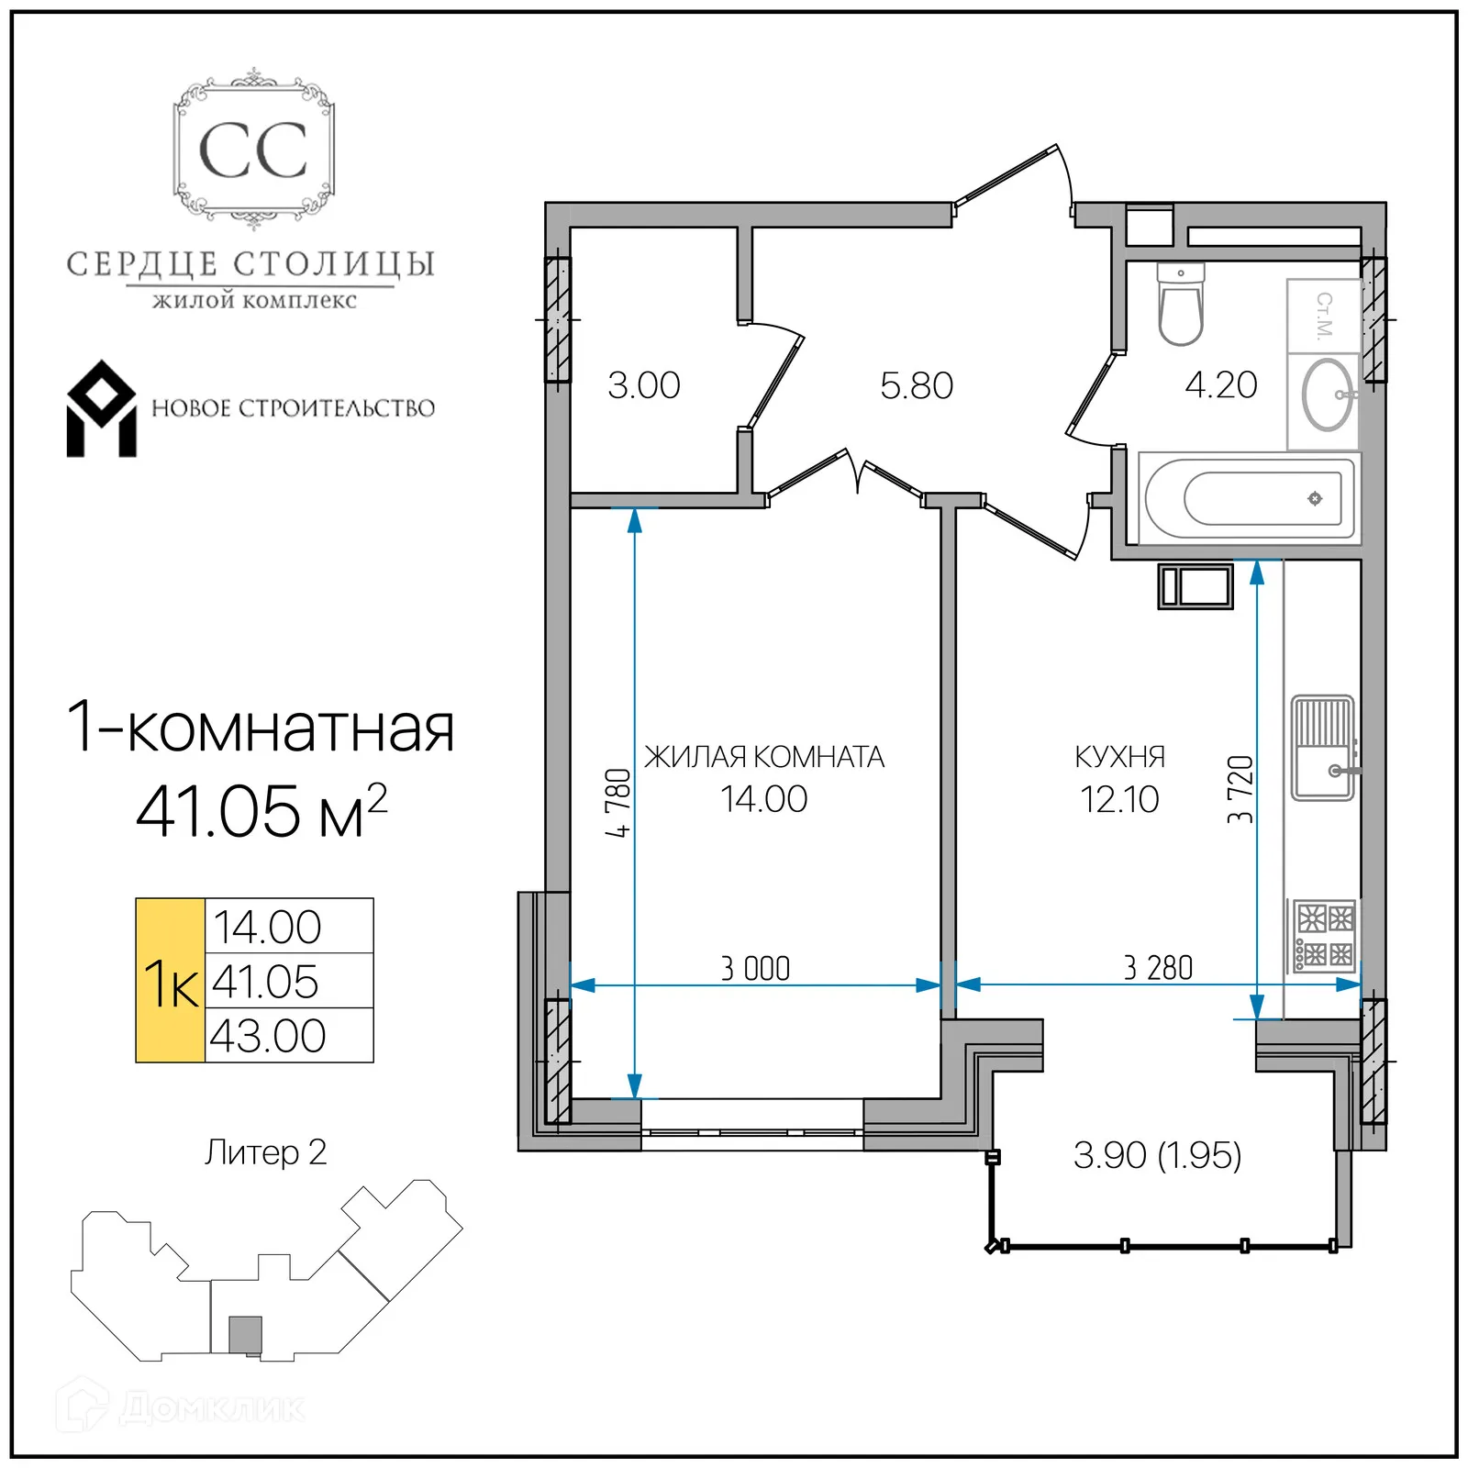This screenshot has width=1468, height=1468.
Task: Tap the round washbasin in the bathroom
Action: coord(1327,395)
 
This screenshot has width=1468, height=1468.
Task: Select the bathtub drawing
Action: coord(1249,499)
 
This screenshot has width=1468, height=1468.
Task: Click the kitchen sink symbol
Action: coord(1322,748)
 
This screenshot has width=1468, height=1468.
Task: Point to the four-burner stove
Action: coord(1324,935)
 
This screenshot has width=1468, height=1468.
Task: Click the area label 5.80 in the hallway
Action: coord(916,385)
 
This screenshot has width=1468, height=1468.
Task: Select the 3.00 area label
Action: coord(643,385)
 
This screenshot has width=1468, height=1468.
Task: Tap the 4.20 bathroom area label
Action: coord(1220,385)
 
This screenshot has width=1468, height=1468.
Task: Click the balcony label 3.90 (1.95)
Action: coord(1157,1155)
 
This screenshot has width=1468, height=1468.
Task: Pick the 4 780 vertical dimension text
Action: coord(619,803)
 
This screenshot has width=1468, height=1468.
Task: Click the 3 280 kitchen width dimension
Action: coord(1158,968)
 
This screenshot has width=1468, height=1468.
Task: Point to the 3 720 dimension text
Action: coord(1240,790)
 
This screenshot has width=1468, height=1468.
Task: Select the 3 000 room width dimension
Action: coord(755,969)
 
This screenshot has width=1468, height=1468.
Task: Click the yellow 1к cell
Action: coord(171,981)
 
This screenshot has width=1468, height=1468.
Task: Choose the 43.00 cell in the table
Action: coord(268,1036)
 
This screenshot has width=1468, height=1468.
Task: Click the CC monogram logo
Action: coord(253,150)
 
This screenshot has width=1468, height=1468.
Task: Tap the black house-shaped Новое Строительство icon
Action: coord(102,409)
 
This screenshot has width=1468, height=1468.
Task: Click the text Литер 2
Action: coord(265,1152)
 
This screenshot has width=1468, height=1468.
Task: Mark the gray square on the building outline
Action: coord(245,1335)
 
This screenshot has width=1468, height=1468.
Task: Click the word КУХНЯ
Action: coord(1119,757)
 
